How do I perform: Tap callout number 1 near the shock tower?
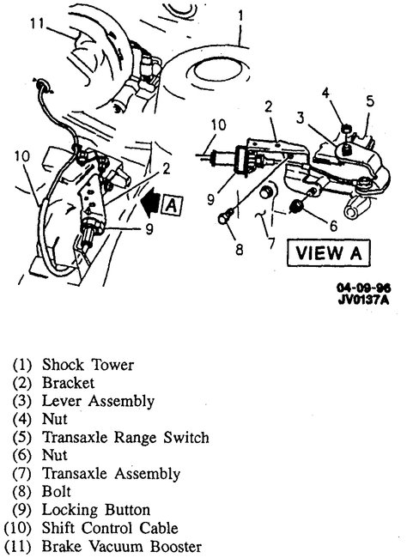tap(241, 15)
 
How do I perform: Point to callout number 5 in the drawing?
tap(370, 100)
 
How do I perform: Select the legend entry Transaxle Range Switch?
tap(122, 438)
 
